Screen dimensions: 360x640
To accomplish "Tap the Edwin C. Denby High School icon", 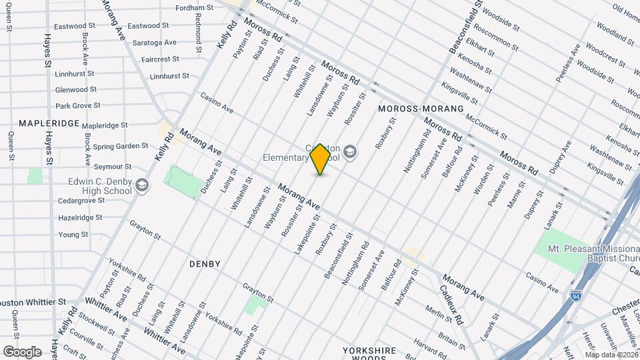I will [141, 185].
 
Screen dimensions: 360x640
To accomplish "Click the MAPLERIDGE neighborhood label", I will [49, 123].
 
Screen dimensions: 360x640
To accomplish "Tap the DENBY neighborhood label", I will [205, 264].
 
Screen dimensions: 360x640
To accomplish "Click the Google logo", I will [22, 351].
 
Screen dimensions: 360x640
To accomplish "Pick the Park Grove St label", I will [77, 105].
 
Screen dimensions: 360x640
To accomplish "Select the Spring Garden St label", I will [120, 146].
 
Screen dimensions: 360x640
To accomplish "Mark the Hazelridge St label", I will [80, 217].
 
